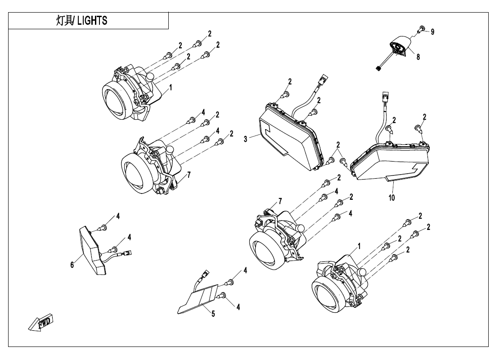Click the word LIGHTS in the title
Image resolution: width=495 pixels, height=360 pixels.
tap(92, 21)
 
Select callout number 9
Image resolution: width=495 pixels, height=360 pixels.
tap(432, 32)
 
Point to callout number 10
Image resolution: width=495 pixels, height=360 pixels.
tap(391, 197)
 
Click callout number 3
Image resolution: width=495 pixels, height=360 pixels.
tap(246, 139)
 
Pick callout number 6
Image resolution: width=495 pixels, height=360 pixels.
tap(72, 265)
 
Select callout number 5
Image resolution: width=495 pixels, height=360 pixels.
tap(213, 314)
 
